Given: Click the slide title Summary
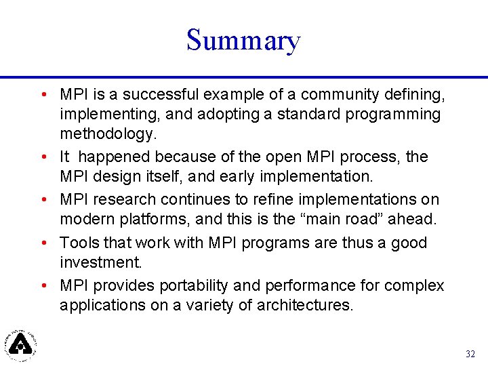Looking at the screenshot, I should click(x=243, y=41).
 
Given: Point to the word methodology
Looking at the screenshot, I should click(x=108, y=134).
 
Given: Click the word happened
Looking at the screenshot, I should click(x=115, y=157).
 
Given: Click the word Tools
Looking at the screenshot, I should click(x=79, y=243).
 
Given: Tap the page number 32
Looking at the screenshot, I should click(x=470, y=354).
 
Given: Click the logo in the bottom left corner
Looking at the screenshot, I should click(x=21, y=344).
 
